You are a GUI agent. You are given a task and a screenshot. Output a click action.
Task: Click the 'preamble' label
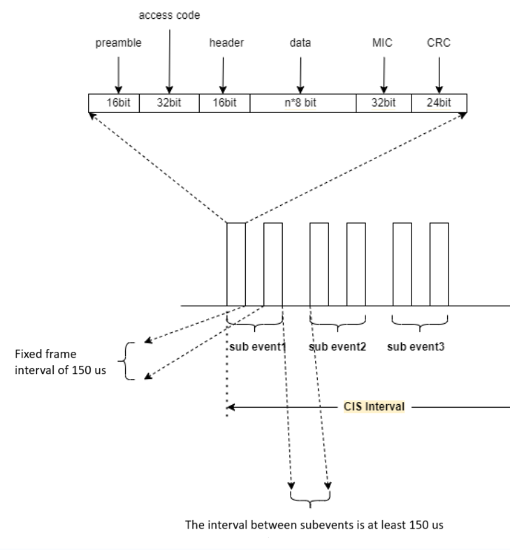pyautogui.click(x=118, y=43)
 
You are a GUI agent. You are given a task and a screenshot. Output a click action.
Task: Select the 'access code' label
pyautogui.click(x=168, y=15)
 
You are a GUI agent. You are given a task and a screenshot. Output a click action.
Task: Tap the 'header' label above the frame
pyautogui.click(x=224, y=43)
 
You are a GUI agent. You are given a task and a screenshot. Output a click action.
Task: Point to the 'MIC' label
pyautogui.click(x=384, y=43)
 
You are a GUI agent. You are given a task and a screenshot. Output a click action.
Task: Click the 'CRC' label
pyautogui.click(x=439, y=43)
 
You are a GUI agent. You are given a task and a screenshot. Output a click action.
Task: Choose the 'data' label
pyautogui.click(x=300, y=43)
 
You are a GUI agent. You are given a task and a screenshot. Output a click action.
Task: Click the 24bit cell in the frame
pyautogui.click(x=439, y=103)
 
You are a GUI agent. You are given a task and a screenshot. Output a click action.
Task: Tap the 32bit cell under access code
pyautogui.click(x=168, y=103)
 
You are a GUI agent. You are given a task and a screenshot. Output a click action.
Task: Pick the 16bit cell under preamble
pyautogui.click(x=114, y=103)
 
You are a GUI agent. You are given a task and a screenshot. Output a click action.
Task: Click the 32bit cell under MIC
pyautogui.click(x=384, y=103)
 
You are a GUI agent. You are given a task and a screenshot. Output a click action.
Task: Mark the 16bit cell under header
pyautogui.click(x=224, y=103)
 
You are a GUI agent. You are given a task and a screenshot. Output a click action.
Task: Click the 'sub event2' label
pyautogui.click(x=337, y=345)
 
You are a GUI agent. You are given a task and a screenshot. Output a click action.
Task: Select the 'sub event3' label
pyautogui.click(x=420, y=345)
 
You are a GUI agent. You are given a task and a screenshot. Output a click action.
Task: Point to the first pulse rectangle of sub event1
pyautogui.click(x=236, y=264)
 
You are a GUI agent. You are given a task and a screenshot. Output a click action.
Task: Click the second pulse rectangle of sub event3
pyautogui.click(x=439, y=264)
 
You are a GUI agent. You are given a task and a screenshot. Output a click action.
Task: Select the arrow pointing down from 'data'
pyautogui.click(x=300, y=73)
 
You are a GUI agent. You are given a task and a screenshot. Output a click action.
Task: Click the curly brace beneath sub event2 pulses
pyautogui.click(x=337, y=324)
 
